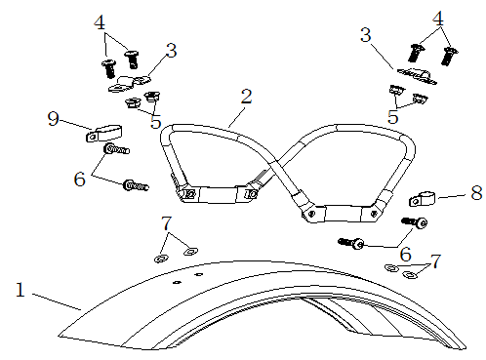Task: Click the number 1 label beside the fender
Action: click(20, 290)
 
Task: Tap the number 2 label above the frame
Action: click(247, 97)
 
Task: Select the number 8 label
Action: click(476, 193)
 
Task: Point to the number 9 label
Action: click(54, 119)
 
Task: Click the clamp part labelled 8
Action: click(422, 198)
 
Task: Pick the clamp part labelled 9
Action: click(103, 134)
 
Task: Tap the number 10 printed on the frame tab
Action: click(251, 194)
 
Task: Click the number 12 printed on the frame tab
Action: click(188, 194)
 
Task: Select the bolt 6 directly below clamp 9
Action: click(116, 149)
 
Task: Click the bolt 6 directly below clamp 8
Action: click(415, 222)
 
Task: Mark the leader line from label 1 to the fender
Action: click(57, 302)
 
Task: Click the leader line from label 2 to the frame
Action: click(236, 117)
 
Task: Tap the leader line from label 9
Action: click(76, 125)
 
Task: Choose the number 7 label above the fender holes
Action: click(166, 223)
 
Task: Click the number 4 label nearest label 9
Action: click(100, 22)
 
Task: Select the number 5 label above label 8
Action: click(393, 117)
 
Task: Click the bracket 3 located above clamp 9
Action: click(129, 84)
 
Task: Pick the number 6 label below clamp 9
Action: click(80, 180)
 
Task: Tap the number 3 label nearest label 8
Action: click(366, 35)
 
